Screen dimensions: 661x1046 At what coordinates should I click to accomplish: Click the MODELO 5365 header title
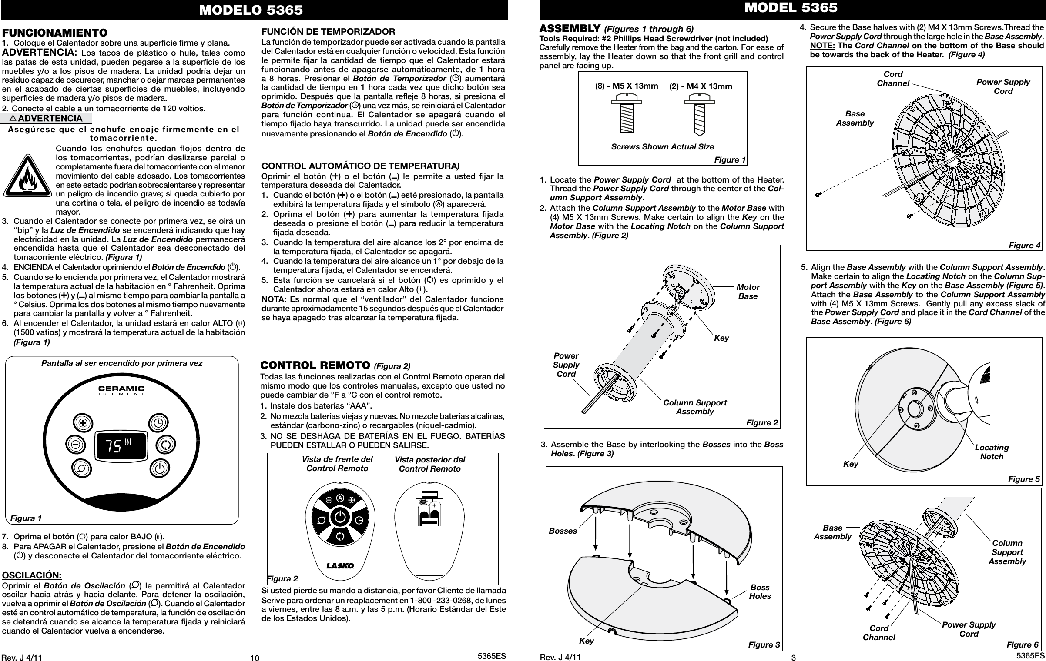tap(251, 10)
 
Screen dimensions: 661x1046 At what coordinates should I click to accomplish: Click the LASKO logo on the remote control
tap(340, 566)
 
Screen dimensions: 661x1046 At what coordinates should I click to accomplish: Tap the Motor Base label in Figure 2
tap(748, 292)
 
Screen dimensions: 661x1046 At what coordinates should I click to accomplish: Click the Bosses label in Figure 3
tap(563, 531)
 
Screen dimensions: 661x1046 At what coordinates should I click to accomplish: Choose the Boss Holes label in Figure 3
tap(760, 592)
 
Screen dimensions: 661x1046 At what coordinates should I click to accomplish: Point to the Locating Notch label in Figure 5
tap(992, 452)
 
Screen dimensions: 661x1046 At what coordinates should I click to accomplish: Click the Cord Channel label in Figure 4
tap(893, 79)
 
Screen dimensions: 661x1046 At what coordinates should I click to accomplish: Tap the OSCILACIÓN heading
tap(32, 575)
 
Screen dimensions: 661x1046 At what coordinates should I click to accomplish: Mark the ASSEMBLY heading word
tap(570, 29)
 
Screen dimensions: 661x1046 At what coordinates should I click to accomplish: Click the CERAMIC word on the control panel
tap(121, 388)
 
